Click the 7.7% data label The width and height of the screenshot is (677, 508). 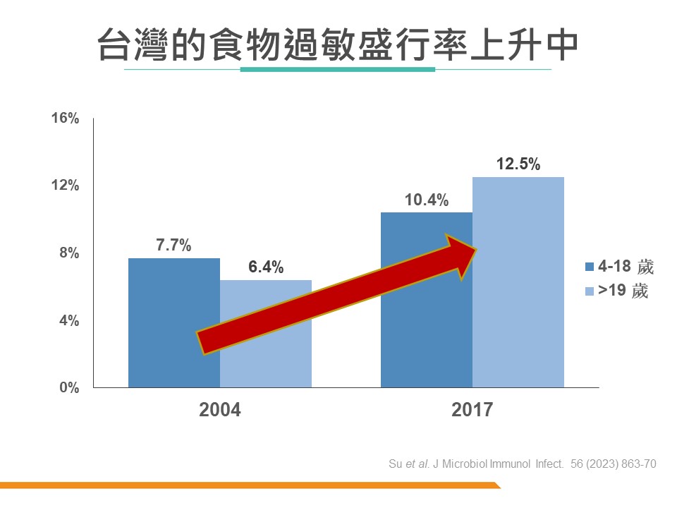[x=173, y=246]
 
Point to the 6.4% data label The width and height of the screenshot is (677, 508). [x=266, y=267]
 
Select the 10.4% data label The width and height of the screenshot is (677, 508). [x=426, y=200]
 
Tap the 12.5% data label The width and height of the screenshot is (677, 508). [x=518, y=164]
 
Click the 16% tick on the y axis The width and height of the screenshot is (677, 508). [x=65, y=119]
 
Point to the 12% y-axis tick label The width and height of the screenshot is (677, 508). [x=65, y=186]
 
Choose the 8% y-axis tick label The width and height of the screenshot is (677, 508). [x=68, y=253]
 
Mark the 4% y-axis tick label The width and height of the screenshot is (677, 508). [x=68, y=320]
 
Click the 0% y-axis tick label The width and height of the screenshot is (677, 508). [x=68, y=387]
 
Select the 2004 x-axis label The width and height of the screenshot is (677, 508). [x=220, y=410]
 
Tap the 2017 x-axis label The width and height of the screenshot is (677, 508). [x=472, y=410]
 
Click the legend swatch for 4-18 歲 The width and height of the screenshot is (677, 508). [x=590, y=267]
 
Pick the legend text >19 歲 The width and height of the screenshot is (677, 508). [x=623, y=290]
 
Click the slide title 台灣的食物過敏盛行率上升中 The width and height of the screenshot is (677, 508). [x=338, y=44]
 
